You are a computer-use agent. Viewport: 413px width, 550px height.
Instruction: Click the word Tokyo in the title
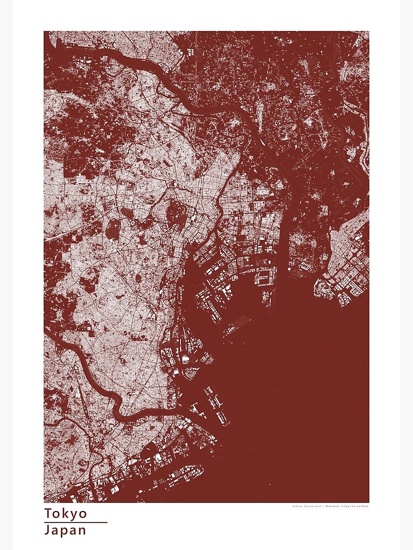(66, 514)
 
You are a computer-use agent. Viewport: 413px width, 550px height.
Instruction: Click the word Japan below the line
(66, 530)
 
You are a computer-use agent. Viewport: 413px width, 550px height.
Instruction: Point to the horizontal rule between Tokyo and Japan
(75, 522)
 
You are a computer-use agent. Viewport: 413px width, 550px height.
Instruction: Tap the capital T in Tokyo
(48, 514)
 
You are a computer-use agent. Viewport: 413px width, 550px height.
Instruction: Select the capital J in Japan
(48, 530)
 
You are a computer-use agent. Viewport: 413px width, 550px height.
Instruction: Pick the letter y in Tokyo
(74, 515)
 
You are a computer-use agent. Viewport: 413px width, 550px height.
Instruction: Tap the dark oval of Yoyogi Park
(114, 228)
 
